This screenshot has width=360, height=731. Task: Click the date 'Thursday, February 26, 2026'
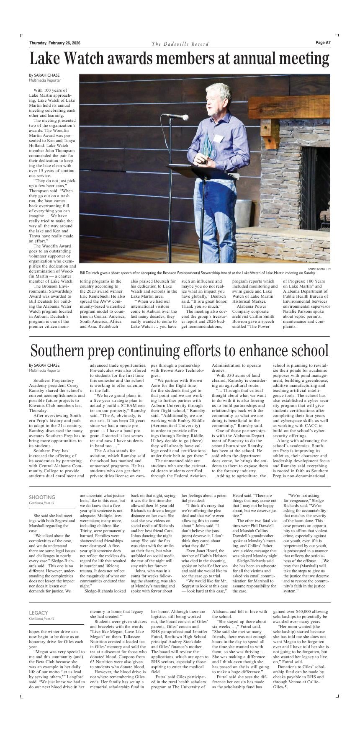tap(55, 43)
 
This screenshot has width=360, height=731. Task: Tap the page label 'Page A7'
tap(323, 43)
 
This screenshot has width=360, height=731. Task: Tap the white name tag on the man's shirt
tap(218, 138)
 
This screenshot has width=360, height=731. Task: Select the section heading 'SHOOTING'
tap(42, 497)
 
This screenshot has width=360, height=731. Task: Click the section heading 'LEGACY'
tap(38, 613)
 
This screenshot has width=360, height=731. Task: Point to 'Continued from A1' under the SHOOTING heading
tap(41, 503)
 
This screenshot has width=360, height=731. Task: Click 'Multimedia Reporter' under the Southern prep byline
tap(45, 371)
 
